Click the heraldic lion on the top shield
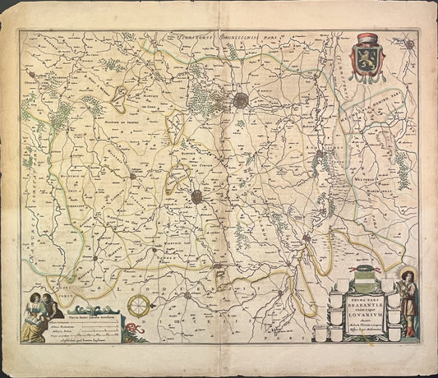tap(367, 56)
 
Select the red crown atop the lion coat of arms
tap(367, 38)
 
